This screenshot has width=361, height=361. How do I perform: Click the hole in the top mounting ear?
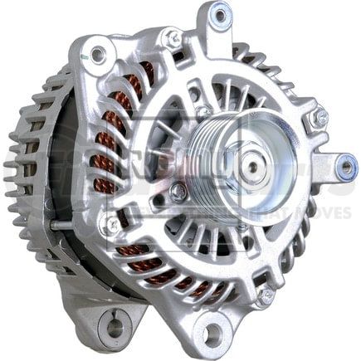pos(220,13)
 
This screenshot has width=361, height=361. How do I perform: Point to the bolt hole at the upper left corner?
pos(98,56)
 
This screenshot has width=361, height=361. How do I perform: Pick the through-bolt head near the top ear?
pos(173,37)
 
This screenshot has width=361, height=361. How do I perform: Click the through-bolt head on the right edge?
pos(319,120)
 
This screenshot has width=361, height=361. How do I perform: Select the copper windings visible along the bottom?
pos(187,286)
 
